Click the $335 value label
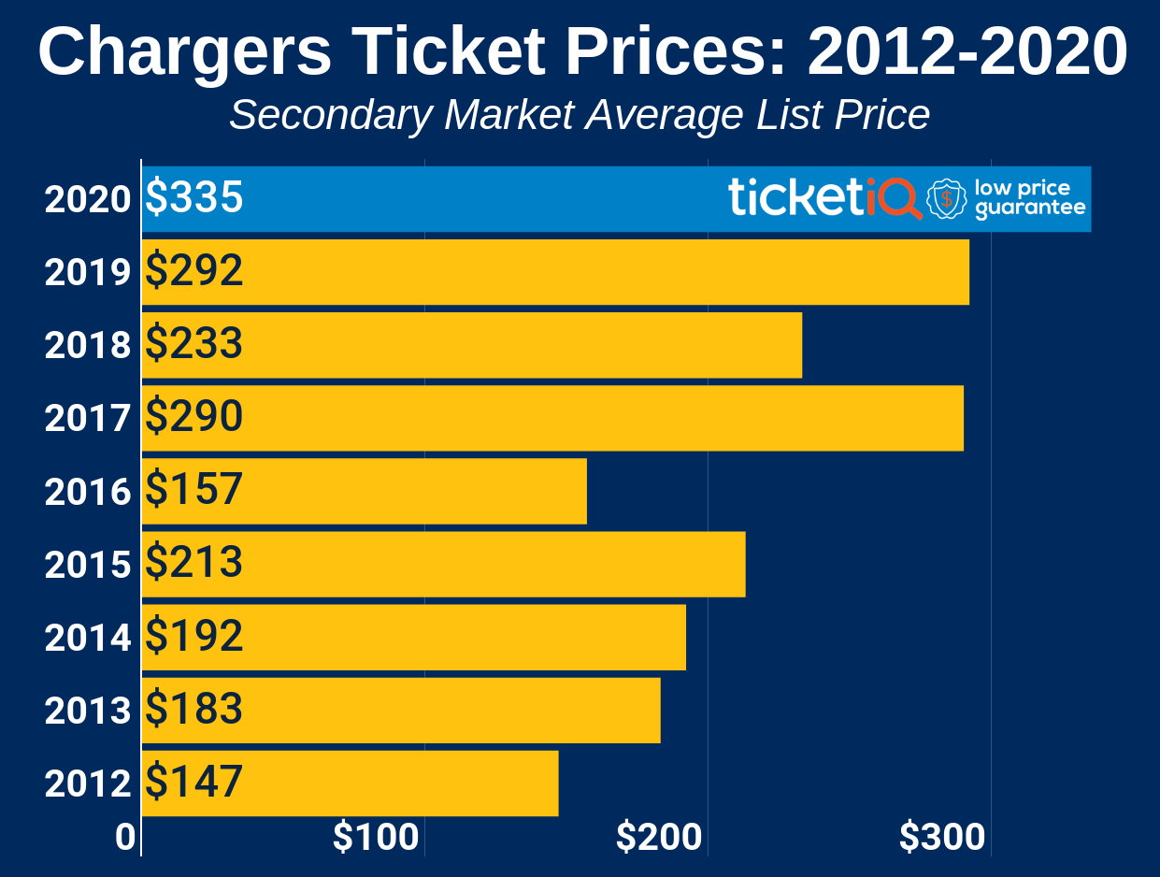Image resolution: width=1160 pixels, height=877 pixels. [195, 198]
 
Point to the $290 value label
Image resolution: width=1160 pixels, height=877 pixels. [195, 417]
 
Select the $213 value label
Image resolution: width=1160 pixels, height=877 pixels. [195, 563]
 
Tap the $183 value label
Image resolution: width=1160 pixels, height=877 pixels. [195, 710]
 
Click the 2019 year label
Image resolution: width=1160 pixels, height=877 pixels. [88, 272]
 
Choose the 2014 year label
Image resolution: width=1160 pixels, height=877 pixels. [88, 638]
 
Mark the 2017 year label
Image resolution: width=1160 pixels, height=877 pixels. [88, 418]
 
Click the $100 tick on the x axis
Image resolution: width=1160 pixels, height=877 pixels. [376, 838]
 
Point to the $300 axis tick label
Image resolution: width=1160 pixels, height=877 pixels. [942, 838]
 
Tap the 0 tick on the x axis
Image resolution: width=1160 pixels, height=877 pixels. [125, 838]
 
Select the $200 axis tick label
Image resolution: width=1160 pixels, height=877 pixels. [659, 838]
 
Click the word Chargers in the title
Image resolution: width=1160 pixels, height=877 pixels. [185, 51]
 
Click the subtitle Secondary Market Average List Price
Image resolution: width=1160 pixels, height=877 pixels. [580, 115]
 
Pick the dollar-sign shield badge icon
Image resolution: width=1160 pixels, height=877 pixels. [947, 198]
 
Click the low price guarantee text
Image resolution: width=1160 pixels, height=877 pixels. [1030, 198]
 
